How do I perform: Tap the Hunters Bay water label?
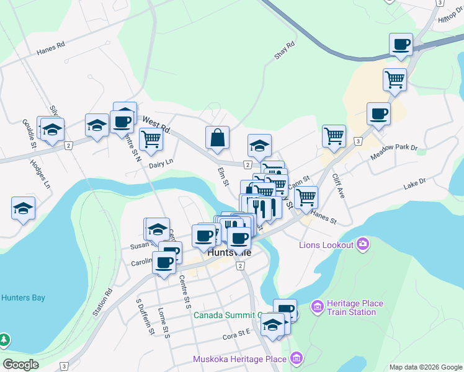tap(23, 298)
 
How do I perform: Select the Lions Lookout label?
tap(326, 245)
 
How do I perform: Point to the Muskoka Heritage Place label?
tap(239, 359)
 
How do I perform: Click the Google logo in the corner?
tap(20, 365)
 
